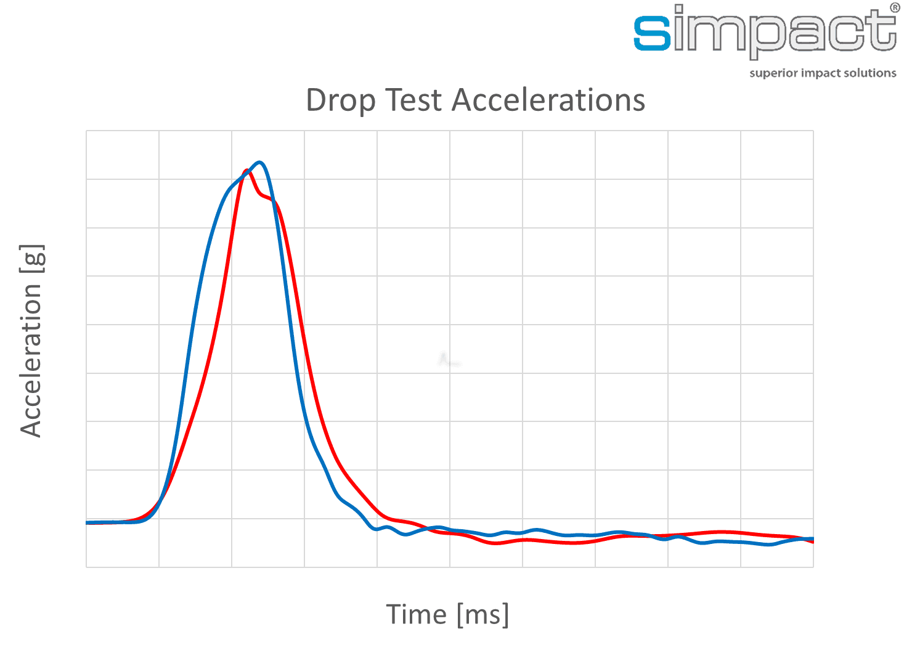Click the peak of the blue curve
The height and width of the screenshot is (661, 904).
[260, 163]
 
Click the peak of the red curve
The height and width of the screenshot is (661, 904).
[246, 171]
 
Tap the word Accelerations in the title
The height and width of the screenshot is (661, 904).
[548, 100]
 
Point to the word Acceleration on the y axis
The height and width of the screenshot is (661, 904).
[31, 360]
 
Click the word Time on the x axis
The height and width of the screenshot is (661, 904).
[416, 614]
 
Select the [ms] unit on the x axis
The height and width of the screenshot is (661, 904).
[483, 614]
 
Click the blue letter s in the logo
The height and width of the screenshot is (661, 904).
[652, 34]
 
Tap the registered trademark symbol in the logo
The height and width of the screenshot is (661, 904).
[894, 8]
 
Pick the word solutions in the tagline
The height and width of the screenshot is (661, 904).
[871, 73]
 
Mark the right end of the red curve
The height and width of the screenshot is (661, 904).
[813, 541]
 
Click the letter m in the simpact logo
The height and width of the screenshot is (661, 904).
[719, 34]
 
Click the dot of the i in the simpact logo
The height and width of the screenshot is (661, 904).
[678, 9]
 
